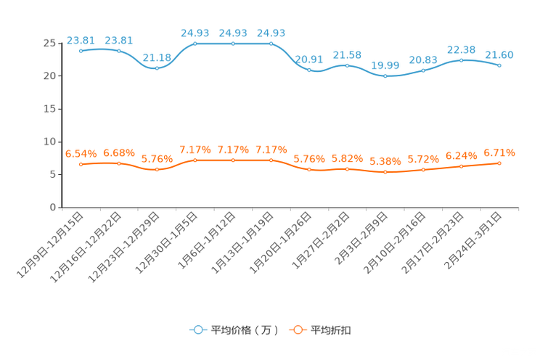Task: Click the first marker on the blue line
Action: [81, 51]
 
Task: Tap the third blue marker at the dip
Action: [157, 68]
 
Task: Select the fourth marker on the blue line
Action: [195, 44]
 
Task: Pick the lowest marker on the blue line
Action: [385, 75]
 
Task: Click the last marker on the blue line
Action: [499, 65]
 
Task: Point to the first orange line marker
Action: [81, 164]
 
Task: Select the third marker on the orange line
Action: [157, 169]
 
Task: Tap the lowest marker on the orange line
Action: [385, 172]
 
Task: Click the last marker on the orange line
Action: [499, 163]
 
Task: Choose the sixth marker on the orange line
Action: [271, 160]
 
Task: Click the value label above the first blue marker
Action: [80, 40]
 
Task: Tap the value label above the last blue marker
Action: [499, 54]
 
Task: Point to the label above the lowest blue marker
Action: [385, 65]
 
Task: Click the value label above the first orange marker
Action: [81, 153]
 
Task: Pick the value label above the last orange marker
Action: [499, 152]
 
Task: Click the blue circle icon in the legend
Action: [197, 330]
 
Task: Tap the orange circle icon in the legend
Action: [297, 330]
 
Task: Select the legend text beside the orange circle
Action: [332, 330]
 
